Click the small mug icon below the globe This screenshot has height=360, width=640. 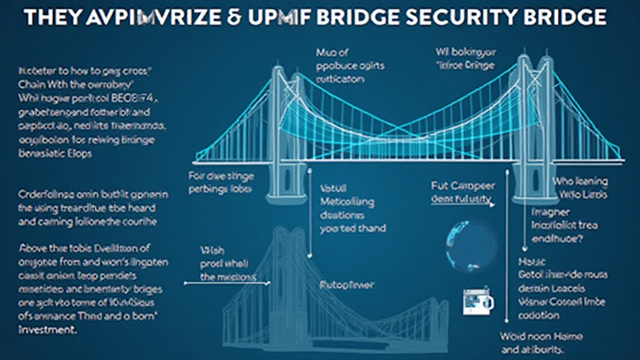click(x=477, y=301)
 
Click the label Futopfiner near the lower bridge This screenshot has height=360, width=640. click(x=348, y=284)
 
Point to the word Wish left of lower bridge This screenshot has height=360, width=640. click(x=209, y=249)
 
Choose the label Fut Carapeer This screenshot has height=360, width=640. click(x=462, y=186)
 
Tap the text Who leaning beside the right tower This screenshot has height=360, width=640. click(x=579, y=181)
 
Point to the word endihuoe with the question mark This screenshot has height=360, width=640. click(x=559, y=236)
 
